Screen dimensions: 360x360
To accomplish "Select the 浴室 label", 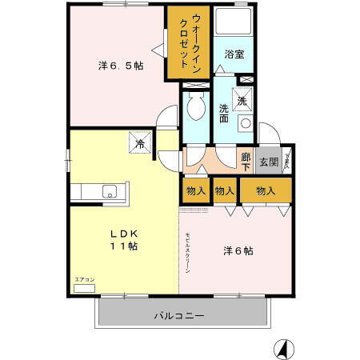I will point(234,54).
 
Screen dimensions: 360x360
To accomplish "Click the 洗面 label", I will point(225,111).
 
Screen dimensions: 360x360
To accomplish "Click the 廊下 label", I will point(246,162).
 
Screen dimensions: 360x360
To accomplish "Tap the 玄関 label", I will point(269,162).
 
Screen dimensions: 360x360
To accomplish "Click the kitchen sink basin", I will point(109,190).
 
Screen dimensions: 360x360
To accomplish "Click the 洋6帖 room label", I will point(238,250).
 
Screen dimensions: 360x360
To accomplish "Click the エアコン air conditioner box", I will point(85,286).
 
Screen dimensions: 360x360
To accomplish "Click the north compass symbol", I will point(282,349).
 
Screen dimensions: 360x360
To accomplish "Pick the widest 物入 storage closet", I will point(266,190).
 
